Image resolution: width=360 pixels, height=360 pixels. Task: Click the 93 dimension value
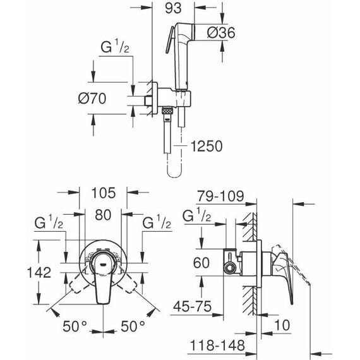pos(173,8)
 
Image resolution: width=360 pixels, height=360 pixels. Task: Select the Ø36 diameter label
pos(221,33)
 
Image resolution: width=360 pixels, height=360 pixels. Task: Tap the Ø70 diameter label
pos(92,99)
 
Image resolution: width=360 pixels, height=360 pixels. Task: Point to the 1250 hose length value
pos(207,147)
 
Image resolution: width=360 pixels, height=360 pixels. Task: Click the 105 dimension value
pos(104,193)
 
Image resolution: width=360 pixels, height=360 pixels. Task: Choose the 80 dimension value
pos(103,215)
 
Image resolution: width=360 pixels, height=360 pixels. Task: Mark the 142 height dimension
pos(39,272)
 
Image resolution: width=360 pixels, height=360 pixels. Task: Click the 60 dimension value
pos(201,263)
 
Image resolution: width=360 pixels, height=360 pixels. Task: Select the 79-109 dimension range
pos(220,196)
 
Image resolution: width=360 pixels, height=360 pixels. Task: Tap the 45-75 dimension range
pos(193,306)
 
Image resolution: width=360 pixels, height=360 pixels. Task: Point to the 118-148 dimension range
pos(218,345)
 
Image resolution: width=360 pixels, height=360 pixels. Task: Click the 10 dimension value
pos(282,325)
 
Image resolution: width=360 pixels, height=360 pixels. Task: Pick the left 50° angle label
pos(75,327)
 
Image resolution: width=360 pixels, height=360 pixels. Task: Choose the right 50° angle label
pos(133,327)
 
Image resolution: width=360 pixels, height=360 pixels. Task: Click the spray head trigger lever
pos(170,40)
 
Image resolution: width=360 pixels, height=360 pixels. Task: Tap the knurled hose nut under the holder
pos(168,111)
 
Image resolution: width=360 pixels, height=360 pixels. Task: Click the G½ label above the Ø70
pos(115,46)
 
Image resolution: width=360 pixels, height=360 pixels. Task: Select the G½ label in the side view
pos(197,215)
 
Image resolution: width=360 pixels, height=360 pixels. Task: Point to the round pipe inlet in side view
pos(230,268)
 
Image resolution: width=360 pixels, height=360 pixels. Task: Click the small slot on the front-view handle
pos(103,265)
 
